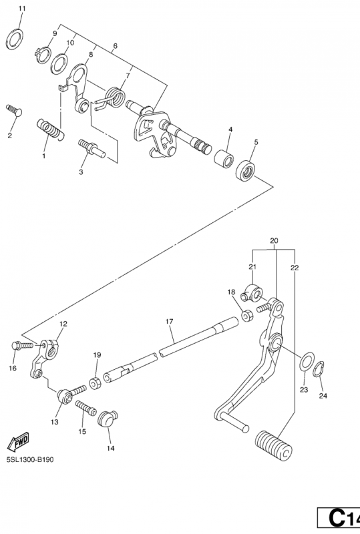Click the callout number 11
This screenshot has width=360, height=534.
tap(22, 9)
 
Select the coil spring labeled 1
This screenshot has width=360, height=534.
tap(51, 129)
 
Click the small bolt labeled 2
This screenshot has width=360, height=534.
tap(14, 110)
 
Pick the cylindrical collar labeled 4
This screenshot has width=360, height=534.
tap(224, 158)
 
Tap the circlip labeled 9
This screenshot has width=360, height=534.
tap(43, 55)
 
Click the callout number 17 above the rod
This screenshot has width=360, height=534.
tap(170, 321)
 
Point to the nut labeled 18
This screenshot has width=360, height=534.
tap(247, 315)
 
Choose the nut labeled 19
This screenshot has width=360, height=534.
tap(96, 382)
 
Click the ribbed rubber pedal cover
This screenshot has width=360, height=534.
tap(274, 445)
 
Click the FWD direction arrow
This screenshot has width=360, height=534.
tap(19, 442)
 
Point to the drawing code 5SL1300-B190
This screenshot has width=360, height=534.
tap(29, 460)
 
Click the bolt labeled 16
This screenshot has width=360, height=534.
tap(23, 345)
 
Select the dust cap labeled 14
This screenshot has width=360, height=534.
tap(108, 419)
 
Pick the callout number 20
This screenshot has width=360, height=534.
tap(274, 241)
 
